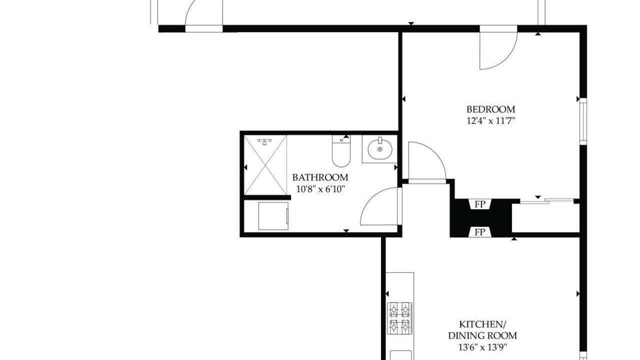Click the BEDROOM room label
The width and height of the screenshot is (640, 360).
[x=490, y=109]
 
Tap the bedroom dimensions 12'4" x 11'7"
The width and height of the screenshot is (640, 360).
[x=490, y=121]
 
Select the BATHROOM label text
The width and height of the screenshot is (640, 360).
[x=320, y=177]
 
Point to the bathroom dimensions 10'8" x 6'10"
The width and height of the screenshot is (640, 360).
[x=320, y=189]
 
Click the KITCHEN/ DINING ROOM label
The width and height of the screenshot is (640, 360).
[x=482, y=330]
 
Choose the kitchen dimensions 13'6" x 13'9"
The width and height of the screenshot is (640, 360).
[x=482, y=347]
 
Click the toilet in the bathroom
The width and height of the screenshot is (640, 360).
[x=341, y=151]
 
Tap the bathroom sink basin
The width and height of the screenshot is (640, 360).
[x=379, y=149]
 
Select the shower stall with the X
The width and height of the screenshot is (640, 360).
[x=265, y=165]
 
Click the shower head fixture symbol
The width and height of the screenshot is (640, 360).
[x=265, y=141]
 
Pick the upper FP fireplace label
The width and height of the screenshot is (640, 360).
[x=480, y=204]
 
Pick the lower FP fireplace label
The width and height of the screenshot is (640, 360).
[x=480, y=232]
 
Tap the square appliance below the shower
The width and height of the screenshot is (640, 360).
[x=273, y=216]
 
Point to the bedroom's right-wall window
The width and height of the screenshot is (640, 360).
[x=583, y=121]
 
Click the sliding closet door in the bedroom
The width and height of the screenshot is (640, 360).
[x=546, y=201]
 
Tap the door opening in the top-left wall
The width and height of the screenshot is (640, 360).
[x=204, y=28]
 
